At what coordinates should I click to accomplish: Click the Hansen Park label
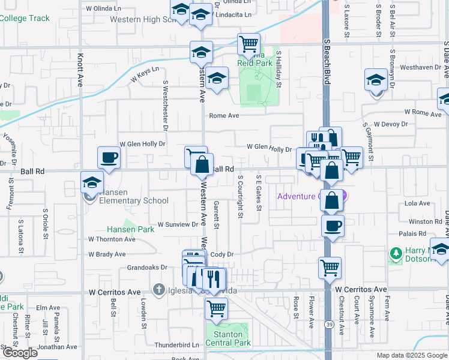click(x=130, y=229)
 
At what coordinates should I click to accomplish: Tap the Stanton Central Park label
click(x=228, y=339)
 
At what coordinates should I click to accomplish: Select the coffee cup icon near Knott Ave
click(x=109, y=158)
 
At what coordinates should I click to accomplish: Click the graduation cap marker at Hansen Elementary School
click(x=92, y=182)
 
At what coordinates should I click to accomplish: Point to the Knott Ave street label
click(x=80, y=71)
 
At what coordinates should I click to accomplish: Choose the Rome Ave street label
click(x=224, y=116)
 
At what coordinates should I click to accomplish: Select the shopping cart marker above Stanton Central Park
click(x=216, y=309)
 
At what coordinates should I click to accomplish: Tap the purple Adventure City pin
click(x=344, y=196)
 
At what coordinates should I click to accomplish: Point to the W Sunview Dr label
click(x=178, y=224)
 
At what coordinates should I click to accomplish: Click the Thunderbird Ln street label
click(x=176, y=345)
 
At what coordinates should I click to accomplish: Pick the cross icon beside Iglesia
click(x=158, y=290)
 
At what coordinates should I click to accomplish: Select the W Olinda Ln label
click(x=104, y=9)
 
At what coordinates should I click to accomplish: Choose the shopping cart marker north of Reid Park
click(x=249, y=44)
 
